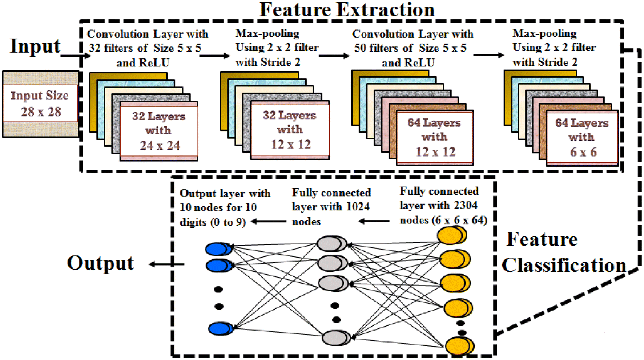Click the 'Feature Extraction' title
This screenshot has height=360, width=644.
[x=347, y=9]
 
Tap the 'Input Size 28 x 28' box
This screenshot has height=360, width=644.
[x=40, y=104]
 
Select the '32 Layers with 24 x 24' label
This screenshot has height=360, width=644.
[x=159, y=131]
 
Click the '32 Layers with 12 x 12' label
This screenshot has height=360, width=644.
[x=290, y=130]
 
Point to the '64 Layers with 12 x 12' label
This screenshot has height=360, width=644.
[x=435, y=137]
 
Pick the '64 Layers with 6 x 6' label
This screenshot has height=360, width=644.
[x=582, y=137]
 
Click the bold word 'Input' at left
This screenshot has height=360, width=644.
[x=35, y=46]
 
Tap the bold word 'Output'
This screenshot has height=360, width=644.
[x=101, y=263]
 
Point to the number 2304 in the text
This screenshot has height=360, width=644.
[x=465, y=205]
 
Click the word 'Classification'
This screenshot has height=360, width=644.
[x=564, y=265]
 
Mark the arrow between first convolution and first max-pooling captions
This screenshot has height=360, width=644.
[x=214, y=56]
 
